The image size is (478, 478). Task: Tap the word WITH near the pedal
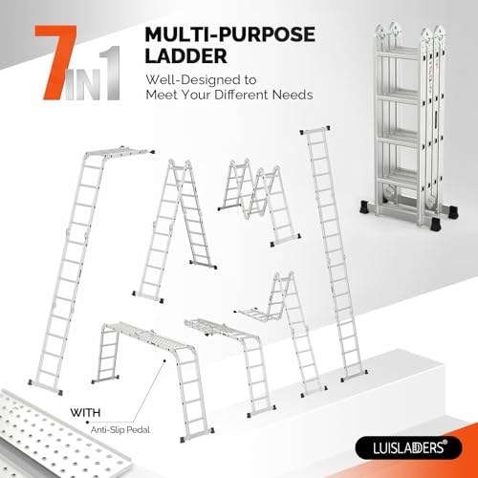(x=84, y=413)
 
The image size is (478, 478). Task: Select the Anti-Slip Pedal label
(x=113, y=427)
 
